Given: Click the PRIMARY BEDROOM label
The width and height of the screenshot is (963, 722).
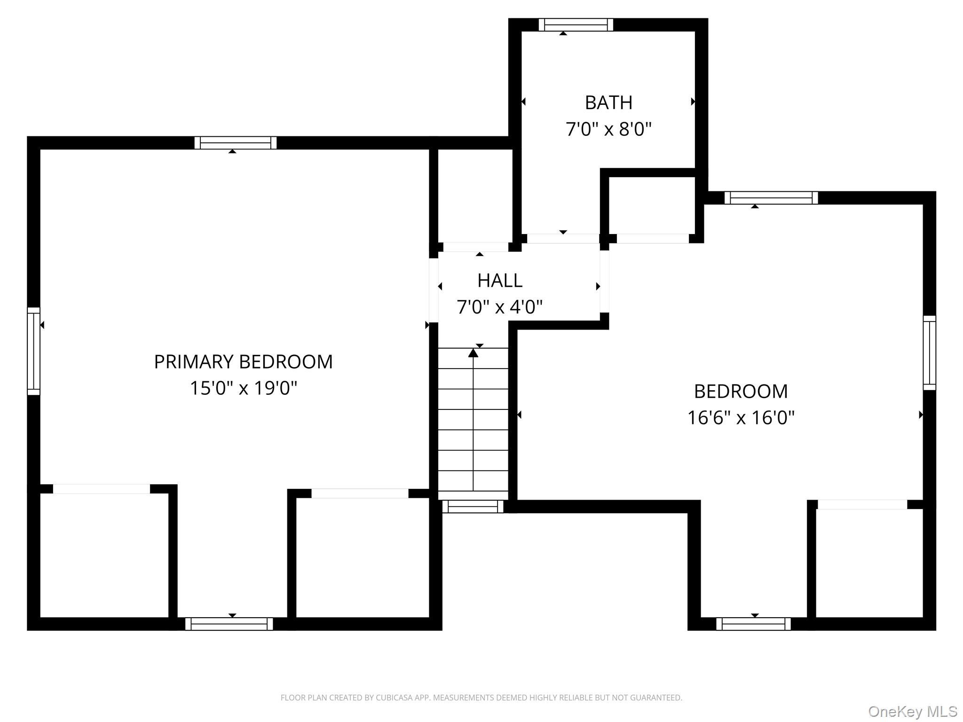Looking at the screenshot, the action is click(243, 362).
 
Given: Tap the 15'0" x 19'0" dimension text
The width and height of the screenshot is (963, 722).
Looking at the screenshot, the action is click(243, 388).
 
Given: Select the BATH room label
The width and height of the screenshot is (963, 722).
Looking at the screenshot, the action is click(608, 102).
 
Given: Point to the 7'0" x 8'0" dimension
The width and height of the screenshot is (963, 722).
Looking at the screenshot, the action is click(608, 129).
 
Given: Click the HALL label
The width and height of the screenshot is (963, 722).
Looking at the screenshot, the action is click(500, 281).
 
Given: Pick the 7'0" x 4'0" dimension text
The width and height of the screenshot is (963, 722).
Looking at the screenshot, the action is click(500, 307).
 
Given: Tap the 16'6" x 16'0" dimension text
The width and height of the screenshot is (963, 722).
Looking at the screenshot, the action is click(741, 417).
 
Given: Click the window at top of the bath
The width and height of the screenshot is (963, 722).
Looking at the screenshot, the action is click(576, 25).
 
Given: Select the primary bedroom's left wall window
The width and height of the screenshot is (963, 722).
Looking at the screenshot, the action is click(33, 351).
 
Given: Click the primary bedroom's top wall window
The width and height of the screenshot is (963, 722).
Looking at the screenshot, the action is click(236, 143).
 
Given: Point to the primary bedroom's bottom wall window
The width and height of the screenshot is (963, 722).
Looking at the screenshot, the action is click(229, 624).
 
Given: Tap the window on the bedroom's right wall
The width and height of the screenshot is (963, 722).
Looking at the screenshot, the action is click(930, 353).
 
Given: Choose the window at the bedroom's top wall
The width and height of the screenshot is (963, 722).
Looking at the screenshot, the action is click(771, 198).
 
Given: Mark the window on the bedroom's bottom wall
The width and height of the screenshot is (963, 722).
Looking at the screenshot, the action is click(753, 624).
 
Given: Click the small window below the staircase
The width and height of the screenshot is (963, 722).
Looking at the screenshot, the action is click(473, 506).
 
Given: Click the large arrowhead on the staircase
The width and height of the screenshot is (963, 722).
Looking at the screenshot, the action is click(473, 352).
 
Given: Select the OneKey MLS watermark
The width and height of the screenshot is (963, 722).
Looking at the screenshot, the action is click(913, 711).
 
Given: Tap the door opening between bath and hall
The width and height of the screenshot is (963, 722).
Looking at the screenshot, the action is click(563, 238).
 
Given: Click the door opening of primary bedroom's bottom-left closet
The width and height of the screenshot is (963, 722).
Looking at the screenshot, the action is click(101, 489).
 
